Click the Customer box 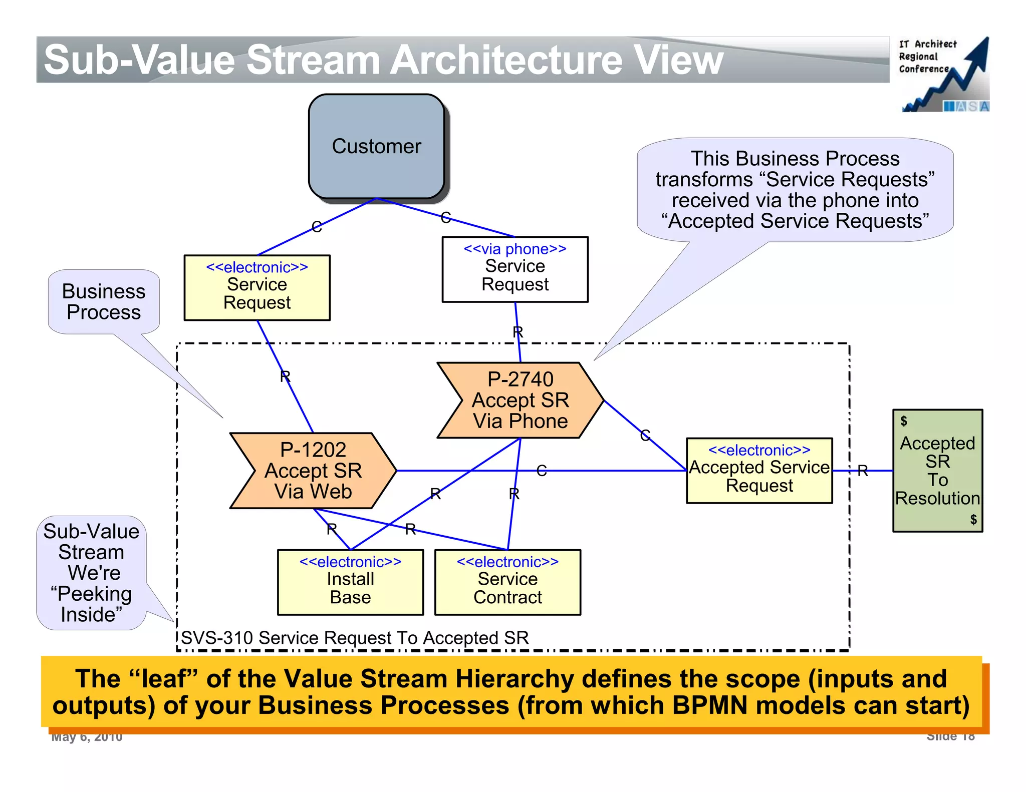(x=376, y=146)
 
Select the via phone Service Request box (x=515, y=270)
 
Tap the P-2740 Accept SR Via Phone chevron (x=521, y=401)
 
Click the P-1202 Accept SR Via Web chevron (x=313, y=471)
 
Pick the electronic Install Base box (x=350, y=582)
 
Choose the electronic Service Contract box (x=507, y=582)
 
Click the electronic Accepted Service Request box (x=759, y=471)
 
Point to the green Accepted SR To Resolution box (x=937, y=471)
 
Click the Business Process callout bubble (x=104, y=301)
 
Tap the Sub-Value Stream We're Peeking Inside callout (x=91, y=573)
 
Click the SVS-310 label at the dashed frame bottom (x=354, y=638)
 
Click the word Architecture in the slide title (x=506, y=60)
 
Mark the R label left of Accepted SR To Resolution (x=862, y=471)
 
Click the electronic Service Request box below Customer (x=257, y=288)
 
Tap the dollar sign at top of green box (x=903, y=421)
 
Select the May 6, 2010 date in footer (x=87, y=737)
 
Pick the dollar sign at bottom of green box (x=973, y=519)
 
